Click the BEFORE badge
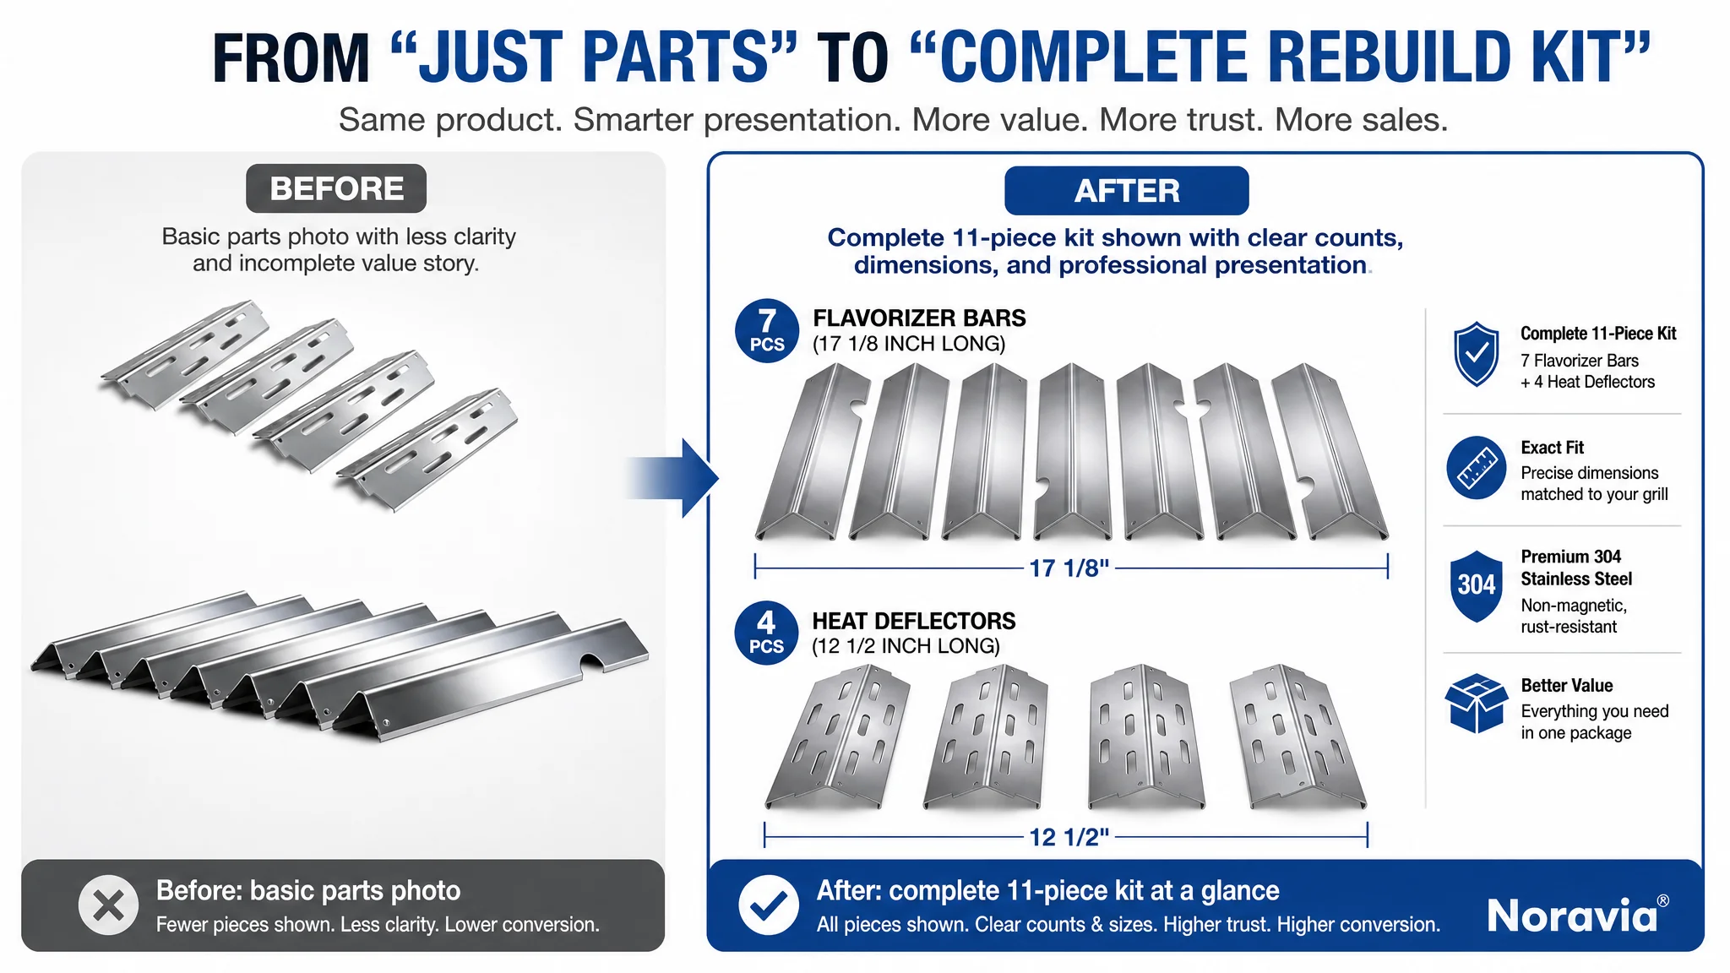[x=336, y=188]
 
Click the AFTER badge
[x=1126, y=191]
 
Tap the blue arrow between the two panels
[x=674, y=478]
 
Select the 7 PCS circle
[x=767, y=331]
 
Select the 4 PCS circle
[x=766, y=633]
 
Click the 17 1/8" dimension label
[x=1069, y=568]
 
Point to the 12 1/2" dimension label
[x=1069, y=837]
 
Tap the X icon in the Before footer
[x=108, y=905]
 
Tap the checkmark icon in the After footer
[x=769, y=905]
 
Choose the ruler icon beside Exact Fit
[x=1476, y=467]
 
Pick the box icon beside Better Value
[x=1476, y=704]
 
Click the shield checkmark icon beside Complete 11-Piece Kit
[x=1476, y=355]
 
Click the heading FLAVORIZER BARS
[x=919, y=318]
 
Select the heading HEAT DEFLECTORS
[x=914, y=621]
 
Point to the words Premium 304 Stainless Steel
[x=1576, y=568]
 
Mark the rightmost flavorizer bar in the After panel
[x=1330, y=451]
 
